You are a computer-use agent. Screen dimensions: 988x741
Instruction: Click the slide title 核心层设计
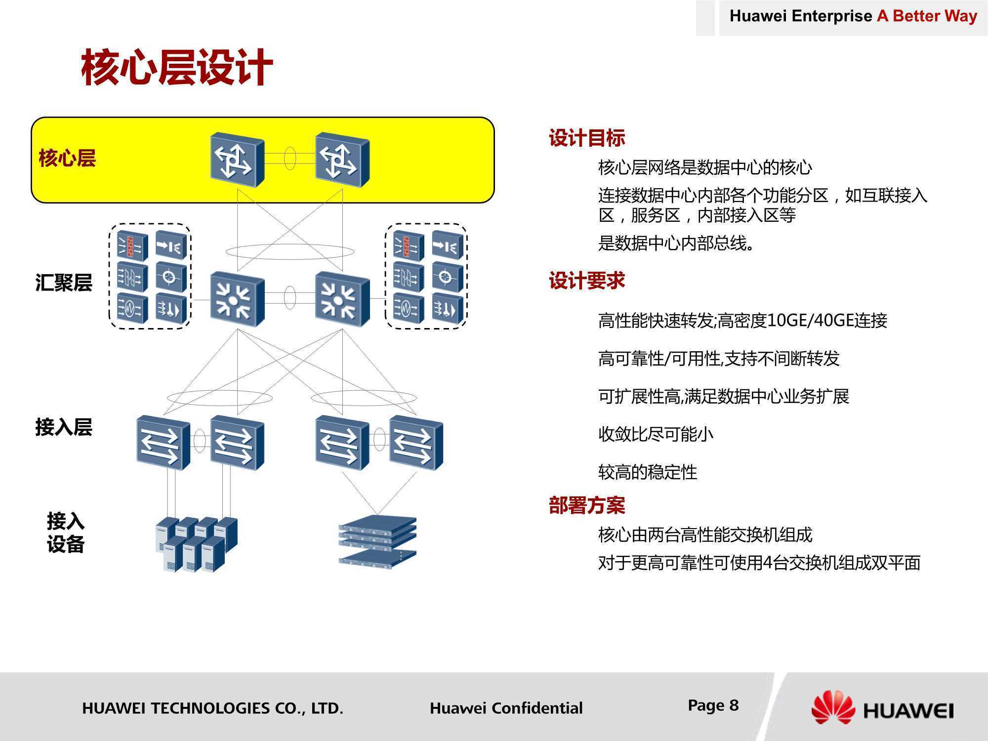click(x=177, y=68)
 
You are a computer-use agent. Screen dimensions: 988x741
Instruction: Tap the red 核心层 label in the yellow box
click(x=67, y=158)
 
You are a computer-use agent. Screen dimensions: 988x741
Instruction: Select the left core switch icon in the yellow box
click(x=237, y=159)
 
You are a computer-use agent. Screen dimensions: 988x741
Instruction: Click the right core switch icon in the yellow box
click(x=342, y=159)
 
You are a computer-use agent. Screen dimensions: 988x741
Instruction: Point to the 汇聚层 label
click(x=64, y=283)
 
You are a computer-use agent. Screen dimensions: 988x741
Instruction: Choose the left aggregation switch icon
click(x=237, y=299)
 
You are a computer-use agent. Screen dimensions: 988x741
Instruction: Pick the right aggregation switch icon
click(x=342, y=299)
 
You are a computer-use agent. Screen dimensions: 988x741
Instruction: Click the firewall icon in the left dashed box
click(x=132, y=245)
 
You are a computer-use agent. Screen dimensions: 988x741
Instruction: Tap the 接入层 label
click(x=64, y=427)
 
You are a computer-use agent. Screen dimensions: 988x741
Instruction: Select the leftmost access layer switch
click(x=163, y=442)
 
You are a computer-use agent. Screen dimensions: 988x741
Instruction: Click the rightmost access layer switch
click(x=416, y=442)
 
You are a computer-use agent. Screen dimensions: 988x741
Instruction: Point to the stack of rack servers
click(x=378, y=542)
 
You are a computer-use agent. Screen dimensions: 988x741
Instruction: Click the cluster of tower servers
click(x=197, y=544)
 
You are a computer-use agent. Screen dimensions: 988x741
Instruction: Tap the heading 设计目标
click(x=587, y=138)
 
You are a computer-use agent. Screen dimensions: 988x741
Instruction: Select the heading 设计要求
click(x=587, y=281)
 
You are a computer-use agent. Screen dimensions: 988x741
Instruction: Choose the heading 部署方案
click(x=587, y=505)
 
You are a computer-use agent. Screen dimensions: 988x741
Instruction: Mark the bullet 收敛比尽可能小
click(x=656, y=434)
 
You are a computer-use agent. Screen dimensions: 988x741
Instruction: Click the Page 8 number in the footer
click(x=713, y=705)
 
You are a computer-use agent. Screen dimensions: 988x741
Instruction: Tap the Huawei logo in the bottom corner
click(x=882, y=708)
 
